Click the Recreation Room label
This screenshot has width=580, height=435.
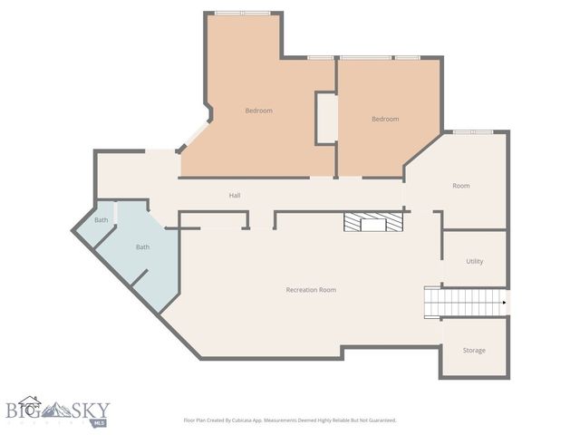(x=311, y=290)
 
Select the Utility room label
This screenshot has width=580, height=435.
(x=474, y=262)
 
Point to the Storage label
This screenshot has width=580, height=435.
(x=474, y=351)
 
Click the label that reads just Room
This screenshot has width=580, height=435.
(x=461, y=186)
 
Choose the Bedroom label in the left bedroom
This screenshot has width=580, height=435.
(x=258, y=111)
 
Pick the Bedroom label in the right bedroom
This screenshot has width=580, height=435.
(x=385, y=119)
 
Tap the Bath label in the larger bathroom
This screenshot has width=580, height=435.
(x=142, y=247)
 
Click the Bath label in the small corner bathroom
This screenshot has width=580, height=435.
(x=101, y=220)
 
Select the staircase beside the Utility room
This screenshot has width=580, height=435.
(x=465, y=302)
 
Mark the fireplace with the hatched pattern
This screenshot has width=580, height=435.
(x=372, y=225)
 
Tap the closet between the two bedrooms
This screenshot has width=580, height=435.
(x=326, y=118)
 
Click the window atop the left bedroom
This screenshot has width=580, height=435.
(x=241, y=13)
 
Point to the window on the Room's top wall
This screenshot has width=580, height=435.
(x=472, y=132)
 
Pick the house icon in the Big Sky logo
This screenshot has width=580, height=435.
(x=30, y=405)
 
